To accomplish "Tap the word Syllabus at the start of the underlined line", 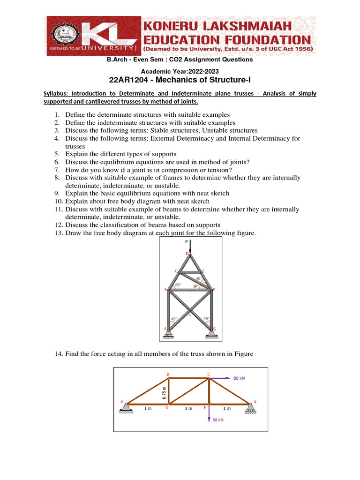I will point(57,93).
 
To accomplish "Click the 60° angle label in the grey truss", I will point(178,285).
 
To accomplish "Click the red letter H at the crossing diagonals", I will point(190,315).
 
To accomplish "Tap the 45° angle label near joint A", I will point(174,319).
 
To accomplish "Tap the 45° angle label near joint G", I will point(206,319).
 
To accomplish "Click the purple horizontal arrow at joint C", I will point(220,377).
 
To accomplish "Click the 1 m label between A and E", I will point(148,408).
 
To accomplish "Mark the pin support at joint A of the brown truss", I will point(126,408).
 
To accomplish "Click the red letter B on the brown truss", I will point(168,374).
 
